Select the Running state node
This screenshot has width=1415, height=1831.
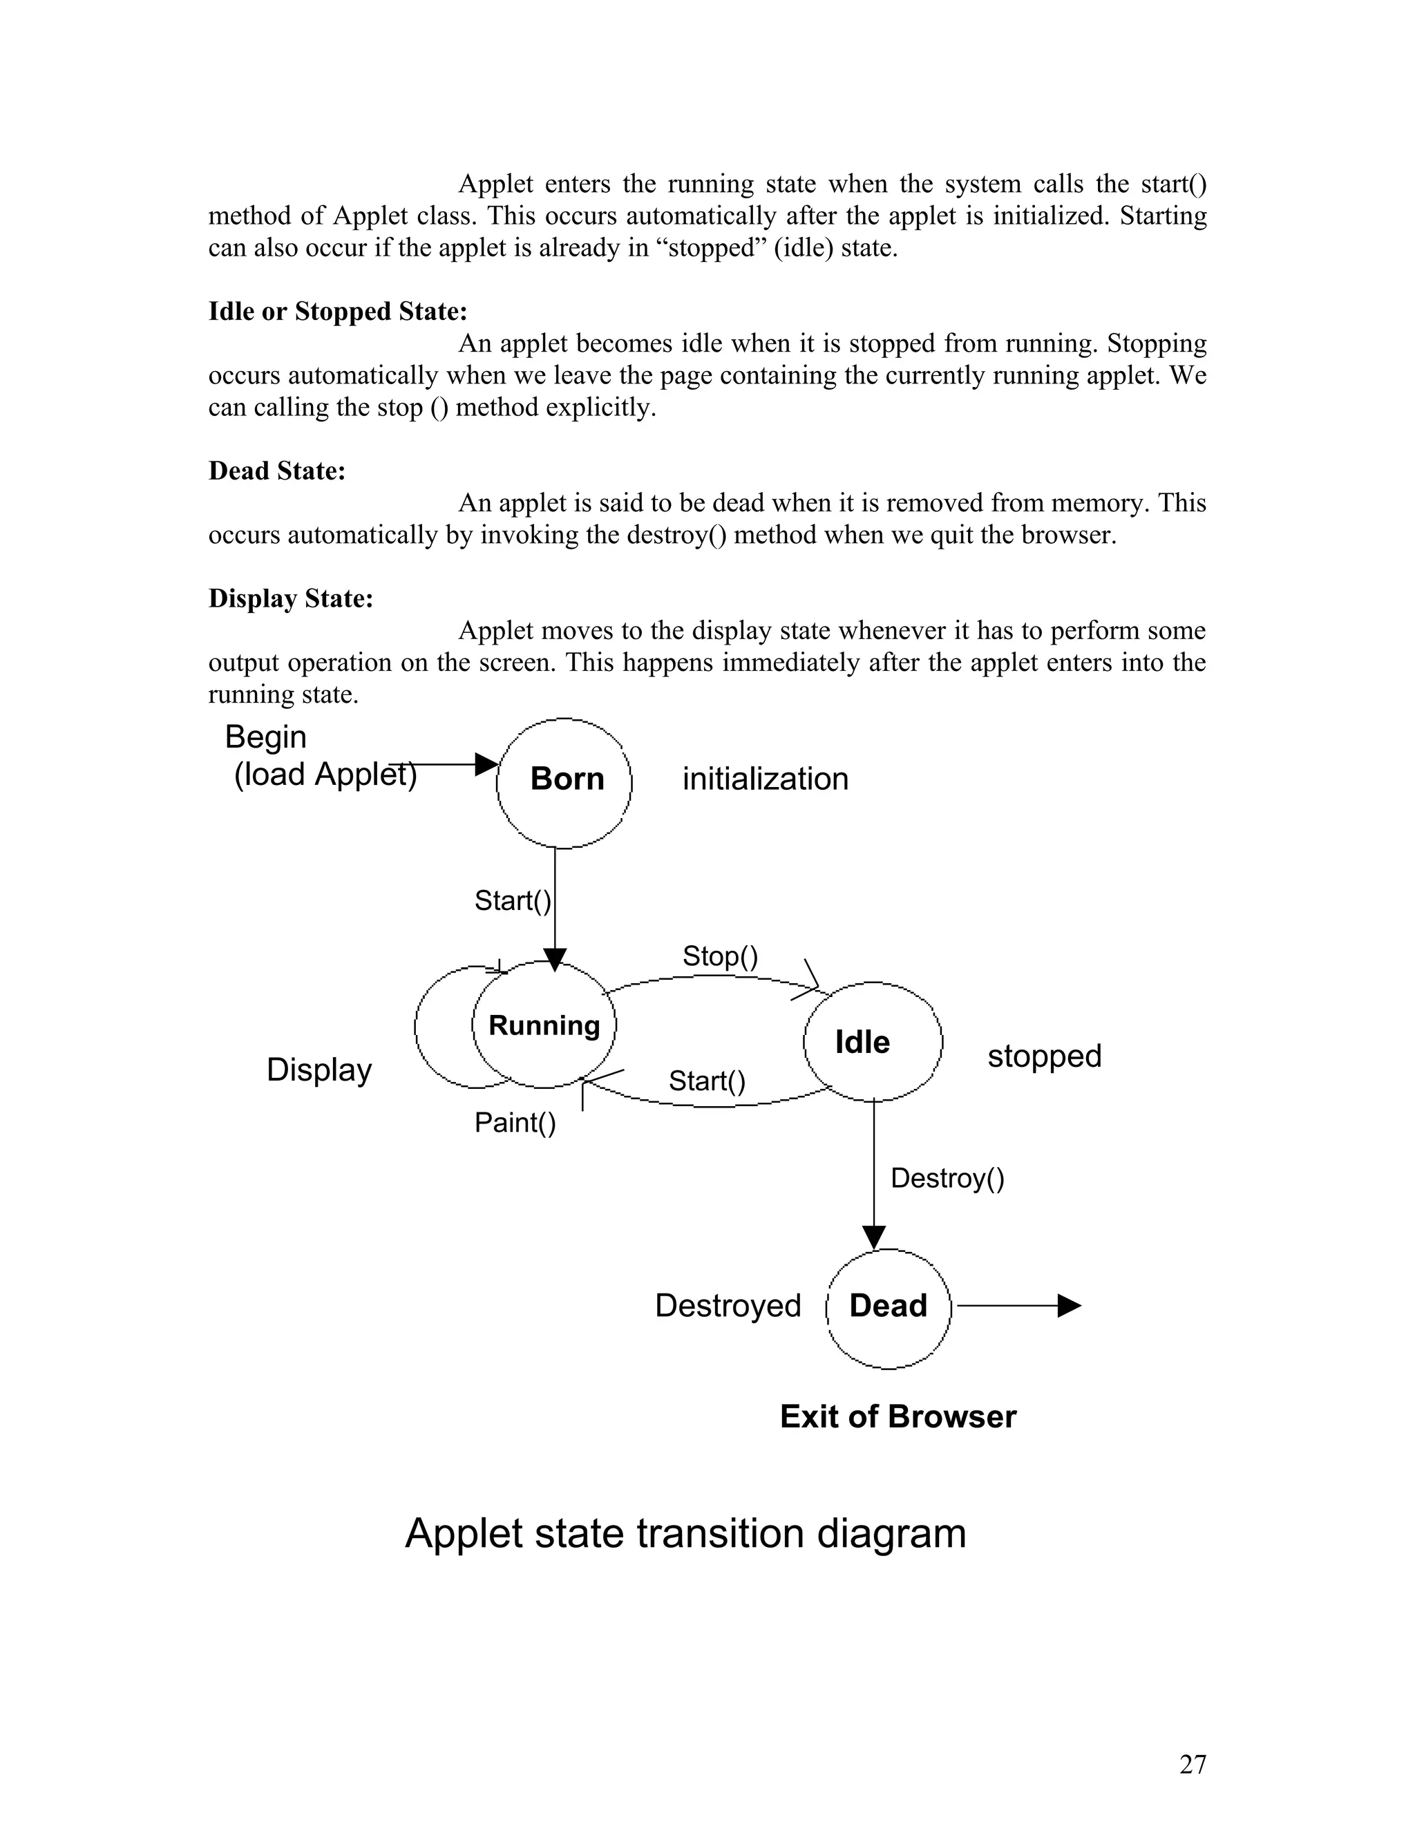coord(544,1025)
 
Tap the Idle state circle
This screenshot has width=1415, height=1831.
coord(872,1042)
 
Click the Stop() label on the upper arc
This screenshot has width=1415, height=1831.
coord(719,956)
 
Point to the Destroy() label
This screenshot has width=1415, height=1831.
coord(947,1178)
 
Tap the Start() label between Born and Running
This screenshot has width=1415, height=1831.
coord(512,900)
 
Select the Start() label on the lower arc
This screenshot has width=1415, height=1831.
coord(706,1081)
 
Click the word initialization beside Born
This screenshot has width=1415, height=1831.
coord(765,779)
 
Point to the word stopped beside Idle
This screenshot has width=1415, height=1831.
coord(1044,1056)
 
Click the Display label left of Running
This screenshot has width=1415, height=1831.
coord(319,1070)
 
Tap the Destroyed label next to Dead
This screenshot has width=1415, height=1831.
coord(727,1306)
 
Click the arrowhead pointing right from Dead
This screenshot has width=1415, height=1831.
coord(1069,1306)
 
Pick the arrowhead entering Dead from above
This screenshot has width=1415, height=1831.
coord(873,1237)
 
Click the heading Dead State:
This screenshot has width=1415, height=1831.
coord(276,471)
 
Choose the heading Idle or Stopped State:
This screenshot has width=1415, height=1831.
coord(337,312)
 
